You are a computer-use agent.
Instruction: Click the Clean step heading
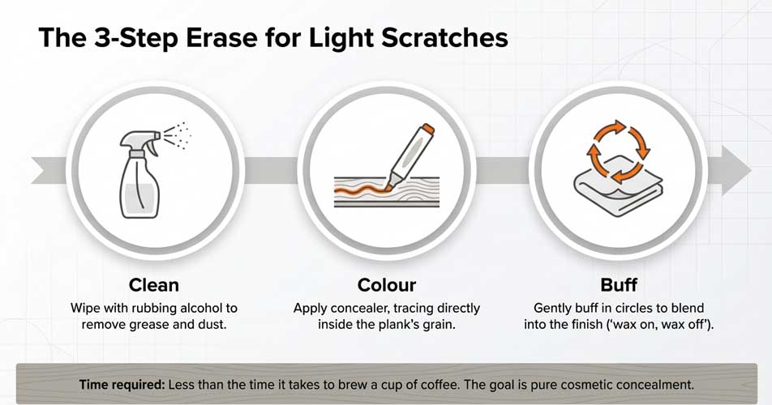click(x=153, y=285)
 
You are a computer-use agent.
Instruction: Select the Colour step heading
click(x=386, y=285)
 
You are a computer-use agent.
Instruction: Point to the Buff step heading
click(x=618, y=285)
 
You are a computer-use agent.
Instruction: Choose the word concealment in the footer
click(x=659, y=384)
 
